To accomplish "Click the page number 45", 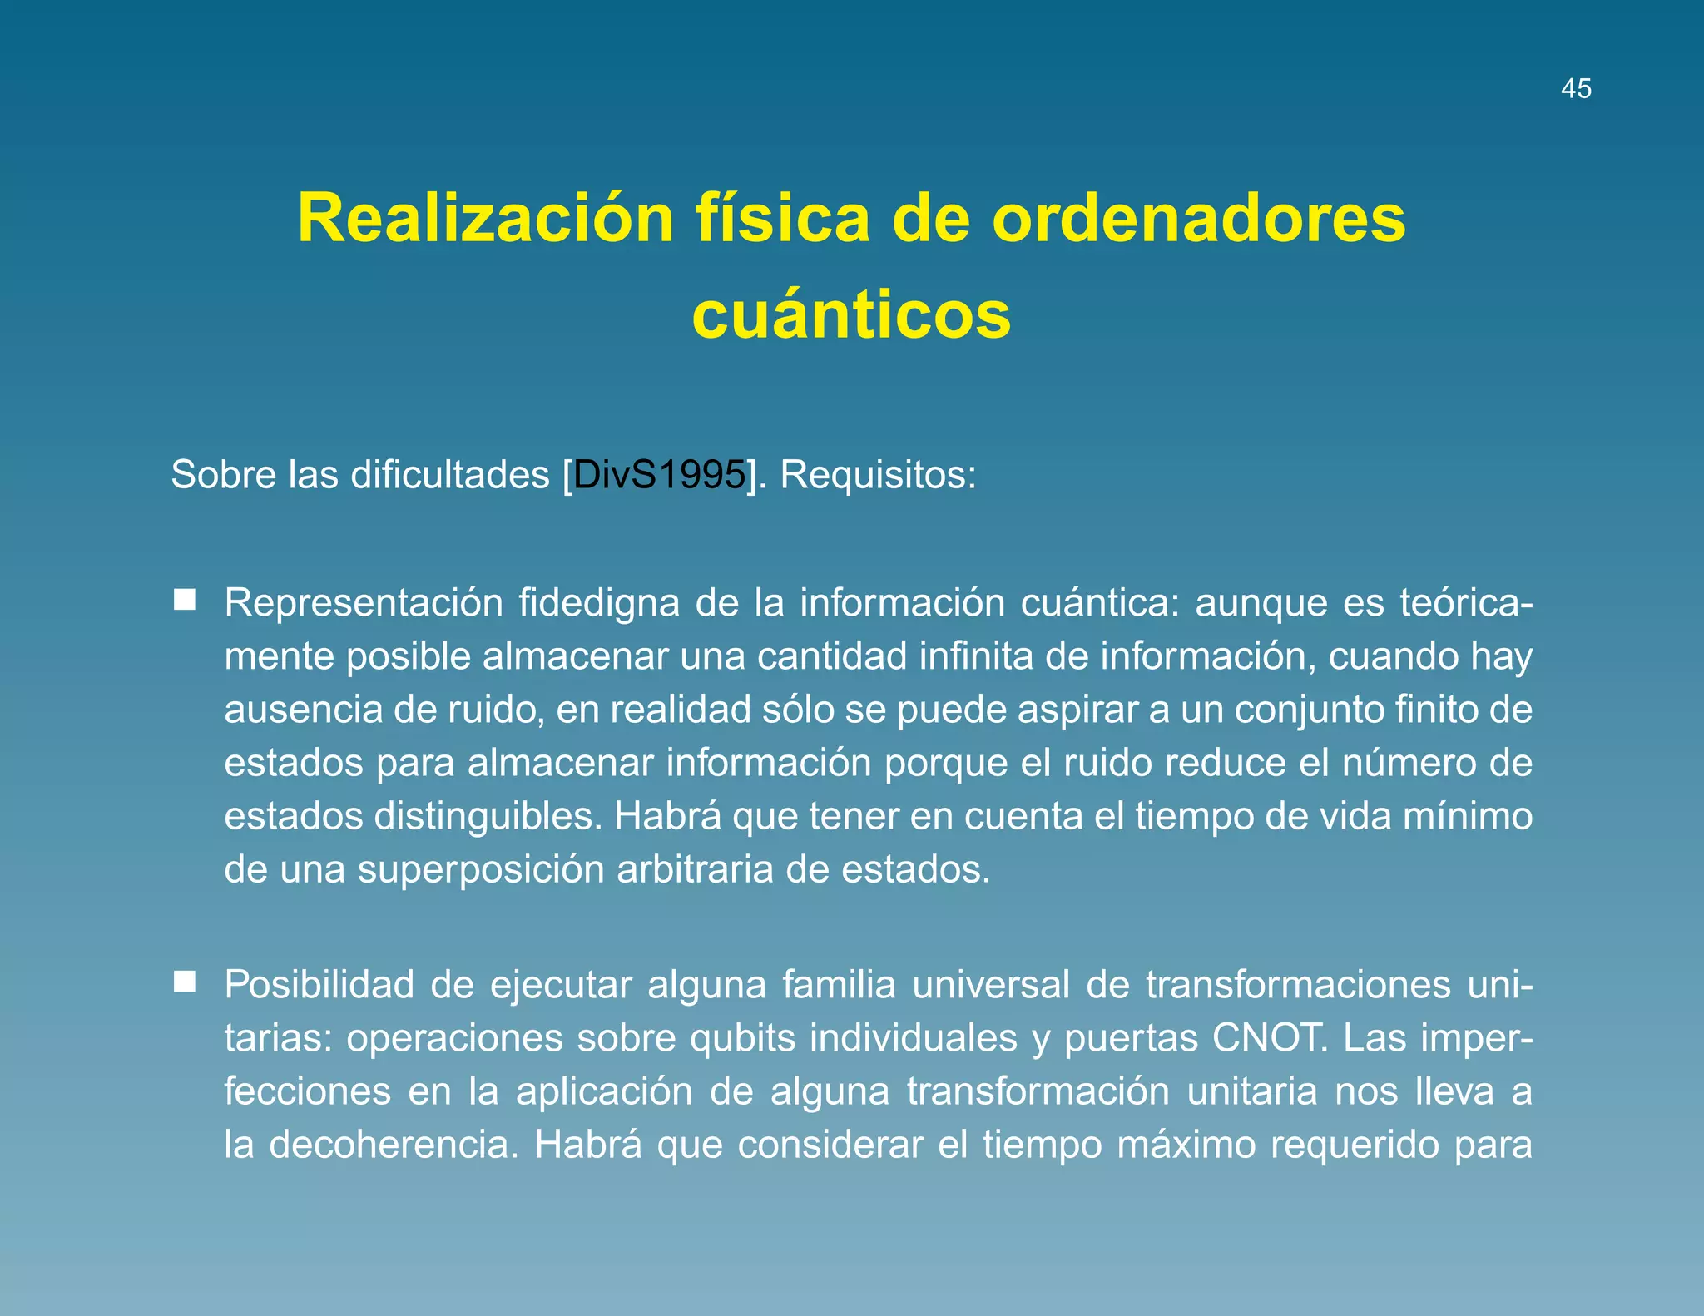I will pos(1576,88).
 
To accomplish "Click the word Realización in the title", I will pos(485,218).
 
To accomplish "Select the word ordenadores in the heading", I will pos(1198,218).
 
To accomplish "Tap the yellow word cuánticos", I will pos(851,316).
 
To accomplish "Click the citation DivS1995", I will pos(659,475).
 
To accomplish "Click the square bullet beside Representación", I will pos(185,600).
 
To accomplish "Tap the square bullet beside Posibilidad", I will pos(185,982).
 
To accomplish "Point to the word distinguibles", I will pos(487,816).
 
